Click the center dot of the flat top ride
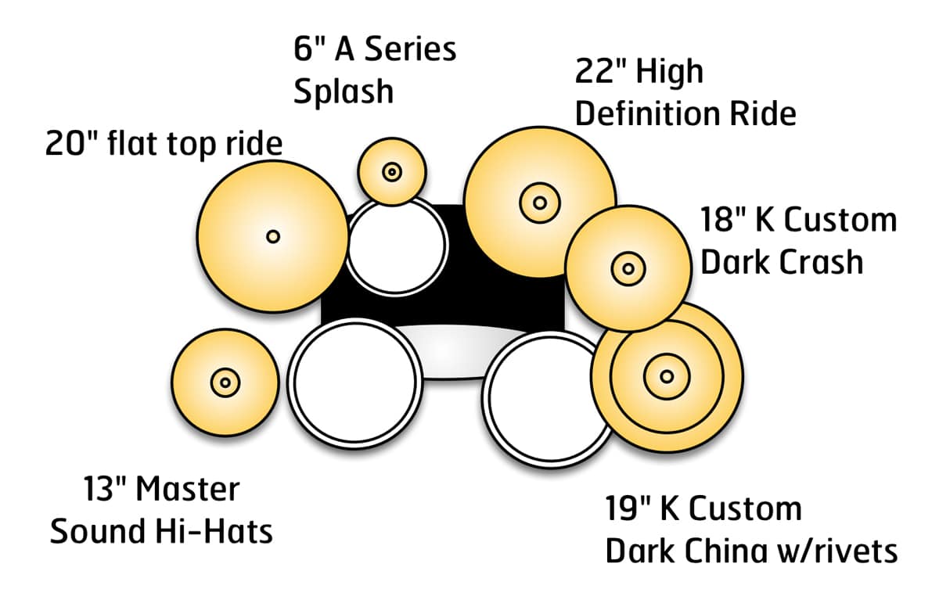[272, 236]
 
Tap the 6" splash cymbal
[391, 171]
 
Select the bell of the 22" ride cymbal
[539, 203]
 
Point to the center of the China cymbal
[666, 376]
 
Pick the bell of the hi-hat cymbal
[225, 382]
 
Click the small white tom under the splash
[396, 246]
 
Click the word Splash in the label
[344, 92]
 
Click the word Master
[187, 490]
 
